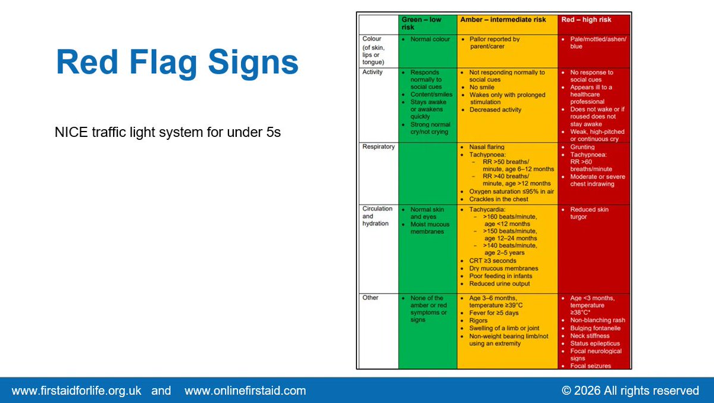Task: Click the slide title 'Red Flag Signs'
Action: coord(177,63)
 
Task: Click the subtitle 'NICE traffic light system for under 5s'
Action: coord(167,132)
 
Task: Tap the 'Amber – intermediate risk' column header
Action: coord(503,20)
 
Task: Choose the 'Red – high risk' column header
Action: coord(586,20)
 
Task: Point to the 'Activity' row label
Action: coord(372,72)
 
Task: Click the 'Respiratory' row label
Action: coord(378,146)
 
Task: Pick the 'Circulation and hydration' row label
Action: coord(377,216)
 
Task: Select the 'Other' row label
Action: coord(370,298)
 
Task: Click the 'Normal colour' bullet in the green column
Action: coord(430,39)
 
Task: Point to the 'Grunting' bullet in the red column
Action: coord(582,147)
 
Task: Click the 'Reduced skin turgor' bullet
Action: coord(589,213)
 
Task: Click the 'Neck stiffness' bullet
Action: coord(589,336)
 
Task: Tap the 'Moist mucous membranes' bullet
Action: coord(430,228)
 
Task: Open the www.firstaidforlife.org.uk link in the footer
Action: coord(76,391)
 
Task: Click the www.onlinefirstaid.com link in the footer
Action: coord(245,391)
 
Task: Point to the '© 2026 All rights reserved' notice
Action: coord(630,391)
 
